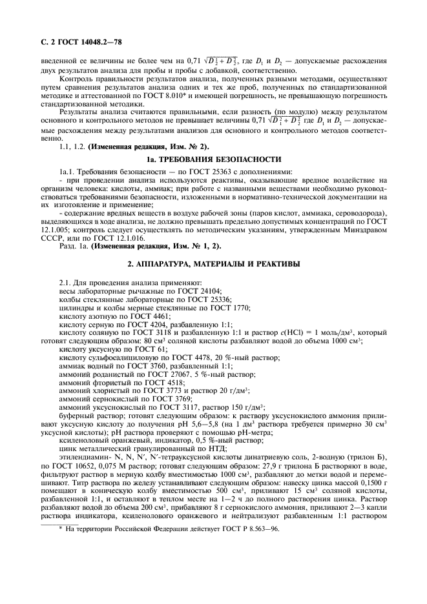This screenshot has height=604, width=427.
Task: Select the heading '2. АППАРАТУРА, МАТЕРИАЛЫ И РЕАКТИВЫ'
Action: pos(213,267)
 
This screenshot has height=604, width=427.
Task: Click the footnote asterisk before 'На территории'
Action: pos(60,583)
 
